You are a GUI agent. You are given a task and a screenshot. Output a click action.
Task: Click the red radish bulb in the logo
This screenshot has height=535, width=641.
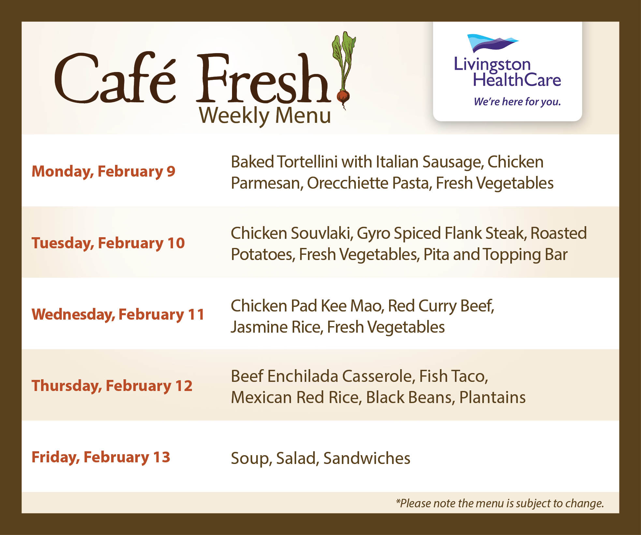point(343,96)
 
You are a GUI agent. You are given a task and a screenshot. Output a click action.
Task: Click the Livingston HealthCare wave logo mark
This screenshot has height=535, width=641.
point(492,43)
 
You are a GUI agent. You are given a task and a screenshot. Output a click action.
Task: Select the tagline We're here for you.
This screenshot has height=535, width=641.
point(517,102)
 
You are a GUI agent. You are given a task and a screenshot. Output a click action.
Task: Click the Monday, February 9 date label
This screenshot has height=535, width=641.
point(103,171)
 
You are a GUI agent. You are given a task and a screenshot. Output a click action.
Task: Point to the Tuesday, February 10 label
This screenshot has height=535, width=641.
point(108,243)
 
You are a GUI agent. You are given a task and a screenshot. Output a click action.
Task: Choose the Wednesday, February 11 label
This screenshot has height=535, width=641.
point(118,314)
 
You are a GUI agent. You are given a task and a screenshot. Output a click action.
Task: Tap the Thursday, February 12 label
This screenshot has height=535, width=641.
point(112,386)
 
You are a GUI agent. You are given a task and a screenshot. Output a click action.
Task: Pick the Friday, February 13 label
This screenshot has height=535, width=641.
point(101,457)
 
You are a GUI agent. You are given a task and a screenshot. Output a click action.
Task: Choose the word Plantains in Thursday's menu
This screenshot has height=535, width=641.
point(492,398)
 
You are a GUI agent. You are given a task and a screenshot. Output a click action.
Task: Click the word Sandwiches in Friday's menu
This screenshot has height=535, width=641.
point(367,458)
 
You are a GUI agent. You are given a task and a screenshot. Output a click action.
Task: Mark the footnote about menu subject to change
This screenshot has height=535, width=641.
point(500,503)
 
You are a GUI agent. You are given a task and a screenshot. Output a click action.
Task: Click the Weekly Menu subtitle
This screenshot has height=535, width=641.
point(265,116)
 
